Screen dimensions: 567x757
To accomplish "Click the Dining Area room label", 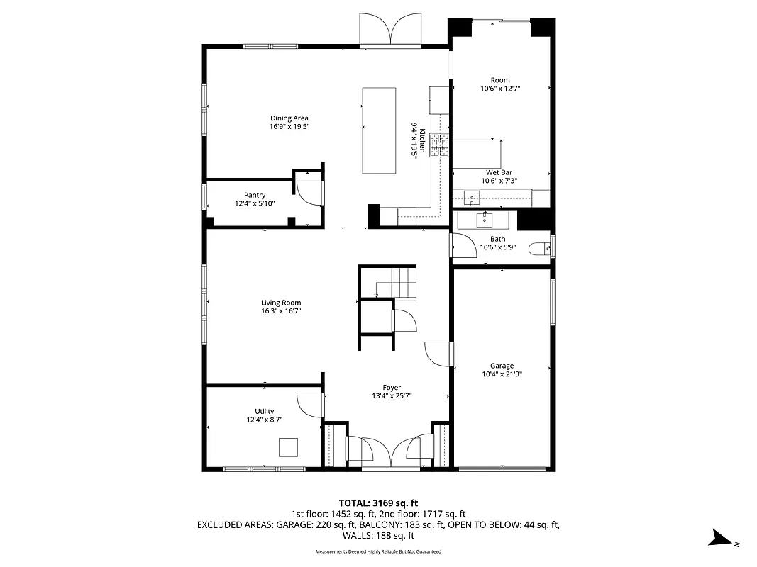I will [x=289, y=118].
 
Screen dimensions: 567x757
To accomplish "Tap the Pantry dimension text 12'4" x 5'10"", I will [x=255, y=203].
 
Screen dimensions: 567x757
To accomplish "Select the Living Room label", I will [x=281, y=303].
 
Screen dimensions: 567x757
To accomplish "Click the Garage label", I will [x=502, y=366].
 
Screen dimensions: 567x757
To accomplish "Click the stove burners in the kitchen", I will [x=439, y=145].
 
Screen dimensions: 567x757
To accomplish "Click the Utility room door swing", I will [x=310, y=405].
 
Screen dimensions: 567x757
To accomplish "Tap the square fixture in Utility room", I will [x=288, y=448].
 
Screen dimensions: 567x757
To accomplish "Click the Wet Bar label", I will [x=499, y=172].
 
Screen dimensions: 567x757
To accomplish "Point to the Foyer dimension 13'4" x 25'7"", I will [x=392, y=396].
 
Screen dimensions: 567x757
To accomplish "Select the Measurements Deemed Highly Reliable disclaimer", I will [x=378, y=551].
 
